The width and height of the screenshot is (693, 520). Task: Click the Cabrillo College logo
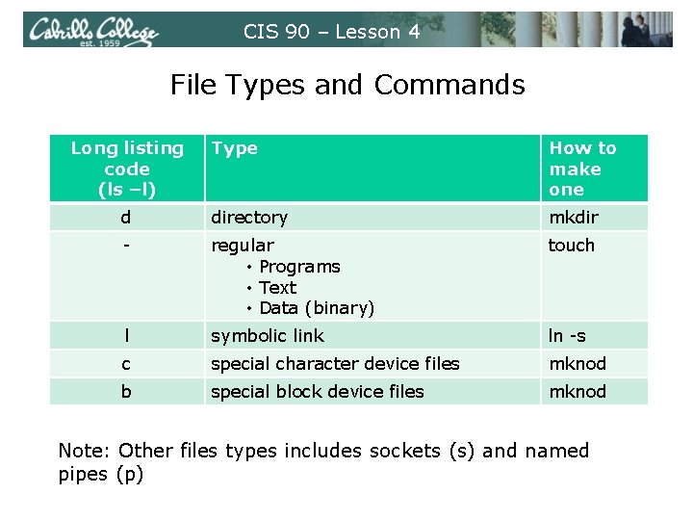[x=90, y=31]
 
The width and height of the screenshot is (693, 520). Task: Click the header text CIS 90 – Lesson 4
[x=332, y=32]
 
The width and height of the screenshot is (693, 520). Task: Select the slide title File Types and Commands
[x=347, y=85]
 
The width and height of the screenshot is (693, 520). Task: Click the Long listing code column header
[x=127, y=169]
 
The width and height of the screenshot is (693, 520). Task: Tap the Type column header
[x=235, y=148]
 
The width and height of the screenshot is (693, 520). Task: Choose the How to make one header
[x=582, y=169]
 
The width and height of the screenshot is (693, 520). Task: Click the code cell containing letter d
[x=126, y=218]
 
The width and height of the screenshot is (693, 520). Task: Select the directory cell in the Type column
[x=249, y=218]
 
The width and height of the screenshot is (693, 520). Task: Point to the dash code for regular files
[x=126, y=246]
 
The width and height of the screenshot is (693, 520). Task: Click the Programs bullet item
[x=299, y=267]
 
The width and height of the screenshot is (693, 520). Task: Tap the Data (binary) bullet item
[x=317, y=308]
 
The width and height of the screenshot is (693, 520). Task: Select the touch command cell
[x=572, y=246]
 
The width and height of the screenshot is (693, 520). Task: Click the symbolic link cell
[x=268, y=336]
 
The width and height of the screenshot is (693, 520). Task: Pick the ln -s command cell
[x=567, y=336]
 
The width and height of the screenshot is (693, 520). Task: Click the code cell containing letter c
[x=126, y=364]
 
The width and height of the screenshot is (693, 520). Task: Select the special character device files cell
[x=335, y=364]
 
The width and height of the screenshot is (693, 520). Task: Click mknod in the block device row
[x=577, y=392]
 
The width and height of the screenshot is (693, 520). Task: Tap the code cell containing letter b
[x=126, y=392]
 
